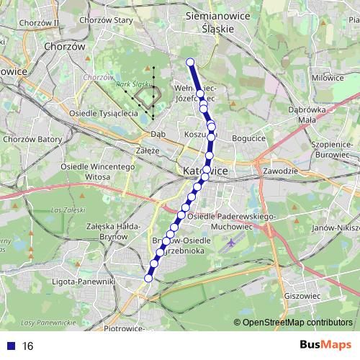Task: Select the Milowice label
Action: pos(328,77)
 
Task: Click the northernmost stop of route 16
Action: pos(191,62)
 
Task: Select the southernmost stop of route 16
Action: pos(149,277)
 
